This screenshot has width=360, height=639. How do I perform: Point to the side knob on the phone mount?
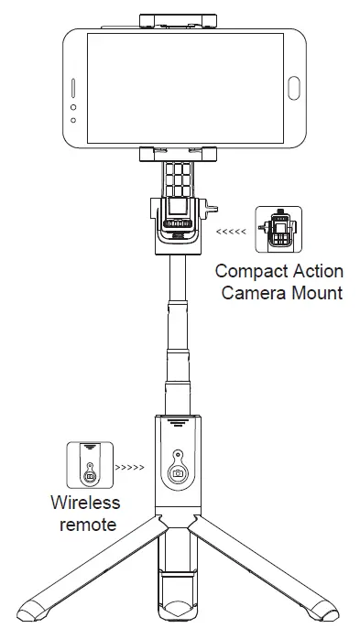216,211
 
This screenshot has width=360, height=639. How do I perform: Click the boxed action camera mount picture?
278,232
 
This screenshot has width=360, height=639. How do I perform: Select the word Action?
317,272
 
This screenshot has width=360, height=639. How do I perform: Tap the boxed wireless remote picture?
90,466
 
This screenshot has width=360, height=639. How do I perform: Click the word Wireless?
85,504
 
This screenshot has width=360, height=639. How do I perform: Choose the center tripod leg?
178,586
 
